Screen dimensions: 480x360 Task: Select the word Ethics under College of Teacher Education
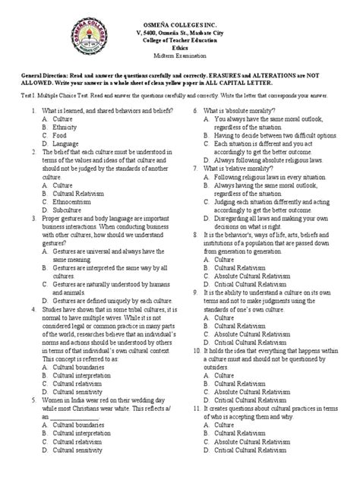tap(180, 48)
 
